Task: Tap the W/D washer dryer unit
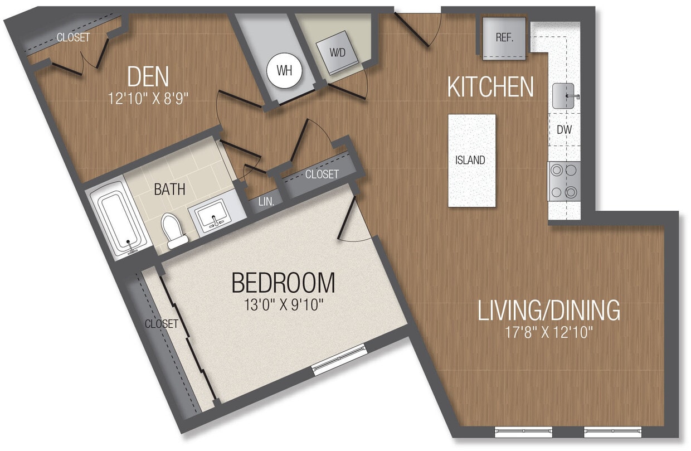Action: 337,54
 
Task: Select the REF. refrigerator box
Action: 504,38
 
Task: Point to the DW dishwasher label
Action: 565,129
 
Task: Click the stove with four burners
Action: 564,181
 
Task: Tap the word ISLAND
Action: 470,160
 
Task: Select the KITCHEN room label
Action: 490,88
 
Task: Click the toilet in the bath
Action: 174,230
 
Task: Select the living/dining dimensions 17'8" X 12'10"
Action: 549,333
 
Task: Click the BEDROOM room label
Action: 283,283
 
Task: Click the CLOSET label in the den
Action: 73,37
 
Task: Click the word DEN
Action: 148,77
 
